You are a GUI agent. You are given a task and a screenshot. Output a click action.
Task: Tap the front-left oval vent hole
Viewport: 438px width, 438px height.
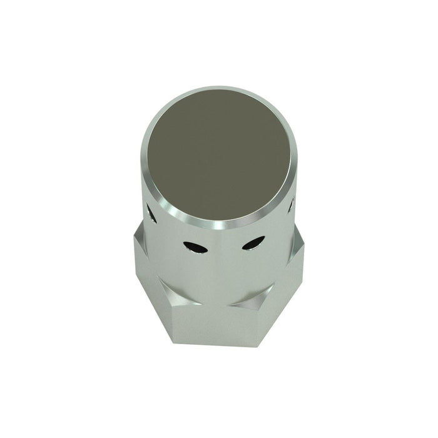195,248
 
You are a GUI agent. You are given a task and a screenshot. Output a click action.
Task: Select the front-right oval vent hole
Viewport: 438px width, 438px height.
252,243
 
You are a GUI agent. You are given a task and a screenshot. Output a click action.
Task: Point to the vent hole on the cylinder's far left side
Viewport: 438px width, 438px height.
151,213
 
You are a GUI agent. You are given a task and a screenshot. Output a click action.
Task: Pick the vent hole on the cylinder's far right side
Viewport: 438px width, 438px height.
292,204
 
